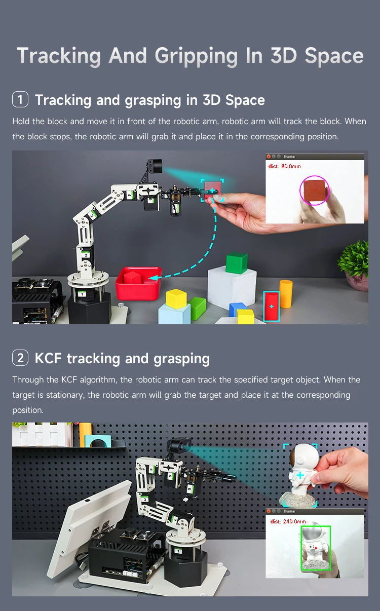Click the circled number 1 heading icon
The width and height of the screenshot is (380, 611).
20,99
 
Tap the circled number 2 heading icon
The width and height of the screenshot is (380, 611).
20,358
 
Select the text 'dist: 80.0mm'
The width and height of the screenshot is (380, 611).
284,166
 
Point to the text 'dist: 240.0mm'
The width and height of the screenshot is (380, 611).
288,521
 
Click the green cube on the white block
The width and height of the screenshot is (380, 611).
237,263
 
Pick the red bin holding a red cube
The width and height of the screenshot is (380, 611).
138,284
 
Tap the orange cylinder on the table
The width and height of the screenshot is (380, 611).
286,294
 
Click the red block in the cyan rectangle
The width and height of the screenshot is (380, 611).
272,306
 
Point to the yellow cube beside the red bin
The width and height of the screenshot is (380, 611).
176,298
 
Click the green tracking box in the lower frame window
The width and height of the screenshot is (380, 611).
315,548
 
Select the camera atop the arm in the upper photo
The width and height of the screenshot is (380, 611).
154,167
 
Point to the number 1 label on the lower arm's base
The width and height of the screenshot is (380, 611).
177,550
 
